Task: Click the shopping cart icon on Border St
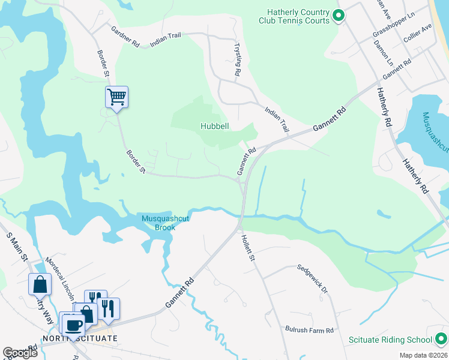coord(116,97)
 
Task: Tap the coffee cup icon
coord(74,325)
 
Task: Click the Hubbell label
coord(215,126)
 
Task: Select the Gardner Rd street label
coord(125,37)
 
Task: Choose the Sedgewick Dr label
coord(313,280)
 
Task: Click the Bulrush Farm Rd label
coord(309,330)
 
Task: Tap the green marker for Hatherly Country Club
coord(339,16)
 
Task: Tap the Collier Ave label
coord(418,37)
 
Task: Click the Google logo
coord(20,353)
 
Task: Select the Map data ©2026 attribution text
coord(423,355)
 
